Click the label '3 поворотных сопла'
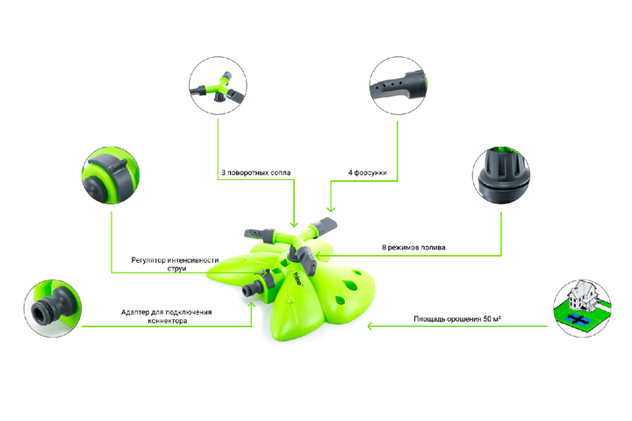256,173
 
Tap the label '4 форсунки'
368,173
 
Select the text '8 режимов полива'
413,248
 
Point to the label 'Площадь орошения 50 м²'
457,319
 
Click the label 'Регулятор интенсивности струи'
175,265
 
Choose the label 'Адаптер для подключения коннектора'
167,316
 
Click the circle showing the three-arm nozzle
218,85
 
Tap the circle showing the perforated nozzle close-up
399,85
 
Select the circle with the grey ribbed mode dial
501,176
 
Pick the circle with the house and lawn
582,308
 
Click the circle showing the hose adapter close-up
53,308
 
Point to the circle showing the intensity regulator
111,176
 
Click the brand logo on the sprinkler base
298,279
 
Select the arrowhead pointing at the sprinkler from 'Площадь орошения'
370,326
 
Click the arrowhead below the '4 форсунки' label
331,209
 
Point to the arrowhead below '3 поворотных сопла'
294,224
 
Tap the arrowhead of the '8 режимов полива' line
318,256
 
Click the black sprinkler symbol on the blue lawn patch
578,320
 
